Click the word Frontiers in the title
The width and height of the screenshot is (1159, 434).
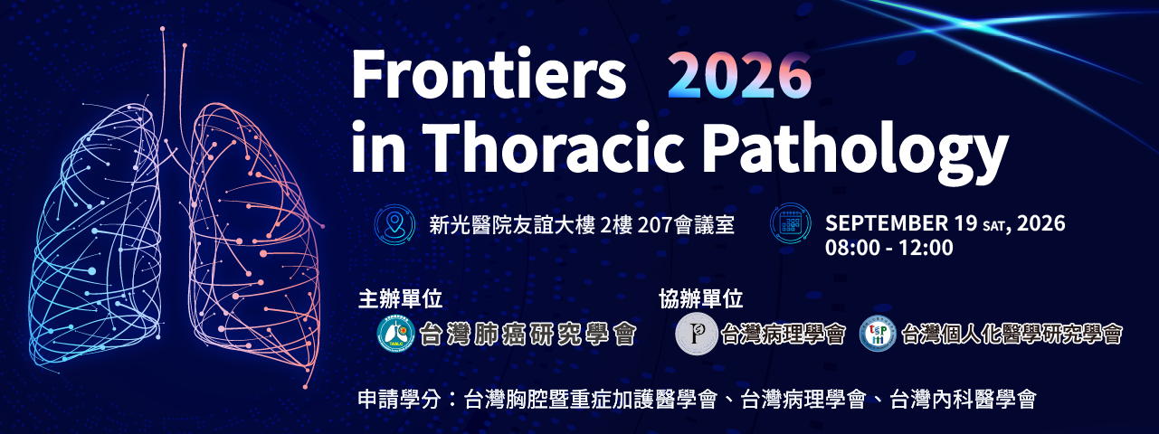[489, 75]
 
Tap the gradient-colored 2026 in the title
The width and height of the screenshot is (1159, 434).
[739, 75]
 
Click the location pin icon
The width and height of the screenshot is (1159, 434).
[394, 224]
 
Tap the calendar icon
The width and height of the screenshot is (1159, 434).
[790, 224]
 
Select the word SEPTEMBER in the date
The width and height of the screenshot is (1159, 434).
[886, 223]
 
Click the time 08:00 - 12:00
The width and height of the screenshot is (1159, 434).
[888, 248]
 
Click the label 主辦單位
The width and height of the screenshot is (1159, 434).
[400, 299]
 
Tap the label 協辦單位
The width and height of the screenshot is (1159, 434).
[700, 299]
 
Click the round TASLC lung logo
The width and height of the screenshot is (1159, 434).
[395, 334]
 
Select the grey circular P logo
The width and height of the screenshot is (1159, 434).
[696, 334]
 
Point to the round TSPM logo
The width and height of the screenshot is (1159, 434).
[878, 334]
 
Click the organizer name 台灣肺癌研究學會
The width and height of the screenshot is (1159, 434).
[527, 335]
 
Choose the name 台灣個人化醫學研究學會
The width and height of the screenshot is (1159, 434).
[1012, 335]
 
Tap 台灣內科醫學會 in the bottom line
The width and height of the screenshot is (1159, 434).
[963, 400]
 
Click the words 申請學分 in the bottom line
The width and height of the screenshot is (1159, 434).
[399, 400]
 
